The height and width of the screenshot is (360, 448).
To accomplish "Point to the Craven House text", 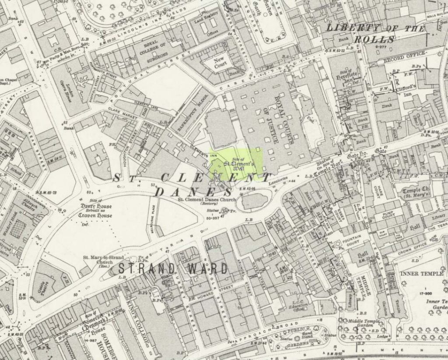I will (95, 216).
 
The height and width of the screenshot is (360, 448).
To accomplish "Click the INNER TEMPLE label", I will (425, 274).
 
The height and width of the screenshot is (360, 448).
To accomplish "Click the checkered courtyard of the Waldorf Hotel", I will (18, 229).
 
